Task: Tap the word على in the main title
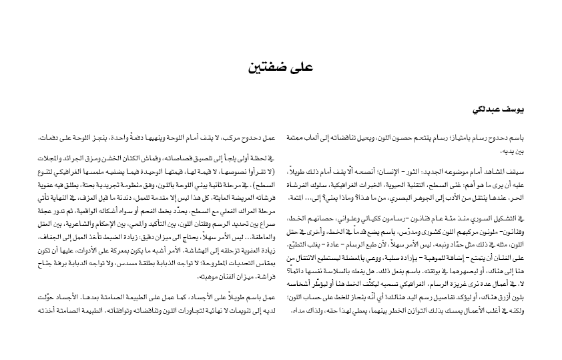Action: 300,67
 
